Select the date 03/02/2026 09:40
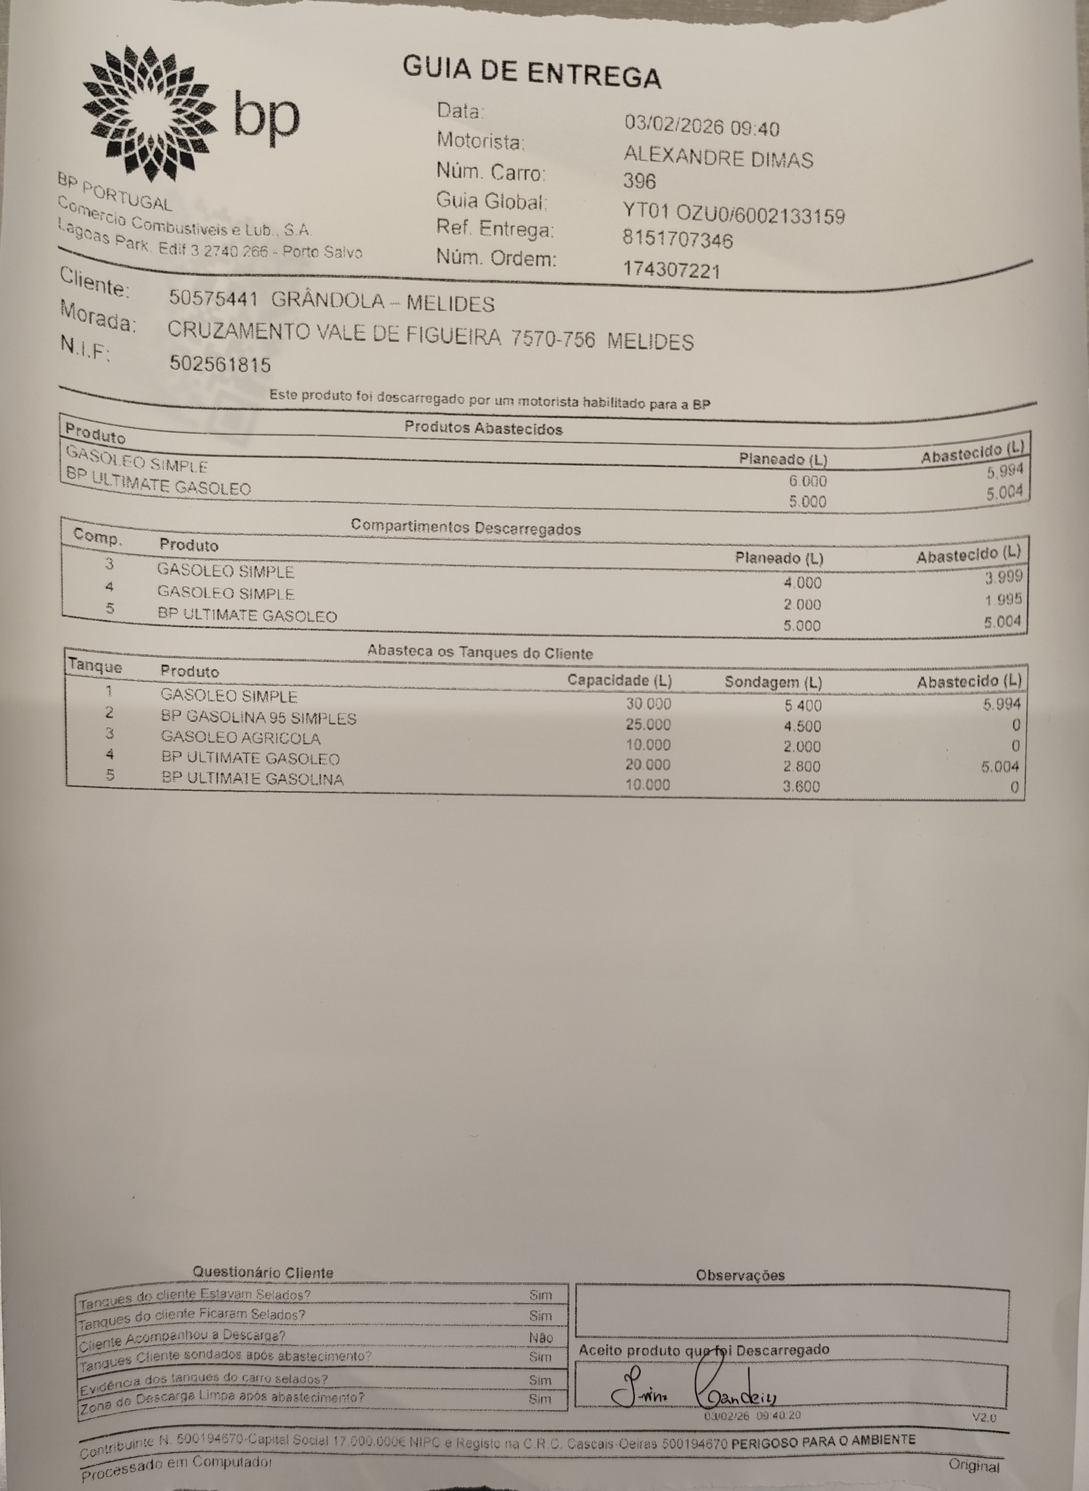click(701, 126)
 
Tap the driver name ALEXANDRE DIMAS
click(718, 158)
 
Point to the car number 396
click(639, 181)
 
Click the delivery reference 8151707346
click(677, 239)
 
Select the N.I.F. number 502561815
click(220, 364)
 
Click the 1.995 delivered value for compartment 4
click(1003, 599)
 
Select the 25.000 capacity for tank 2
click(648, 725)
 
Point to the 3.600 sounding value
click(802, 786)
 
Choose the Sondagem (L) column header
click(773, 682)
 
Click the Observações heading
click(740, 1275)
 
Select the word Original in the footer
click(973, 1465)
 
